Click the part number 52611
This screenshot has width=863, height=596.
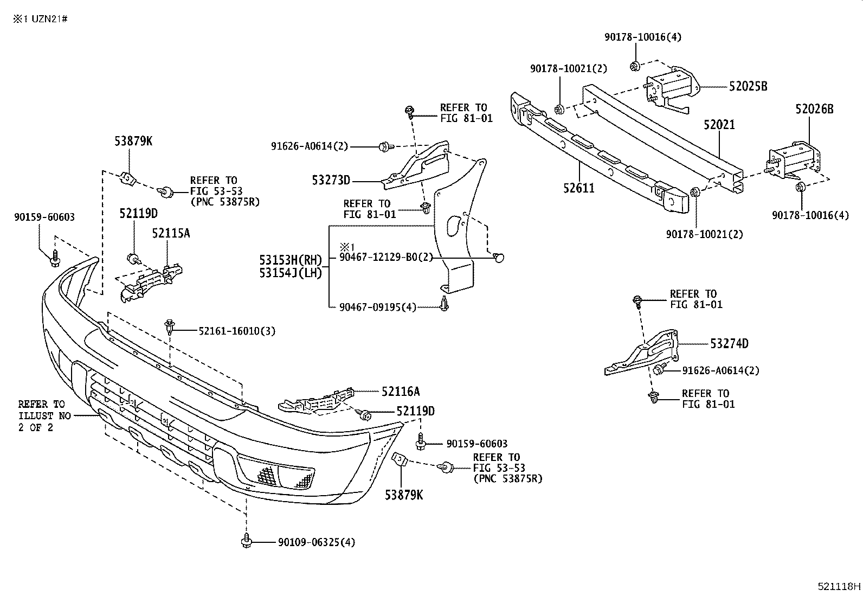(578, 188)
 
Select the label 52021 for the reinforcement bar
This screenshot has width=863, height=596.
(719, 125)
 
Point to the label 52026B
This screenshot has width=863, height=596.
(814, 109)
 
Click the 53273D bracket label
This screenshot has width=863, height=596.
(331, 180)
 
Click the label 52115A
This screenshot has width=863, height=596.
(171, 233)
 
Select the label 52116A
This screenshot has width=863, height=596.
(400, 391)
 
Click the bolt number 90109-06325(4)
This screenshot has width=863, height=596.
(317, 542)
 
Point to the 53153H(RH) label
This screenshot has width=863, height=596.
(290, 260)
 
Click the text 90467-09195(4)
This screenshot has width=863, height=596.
(377, 307)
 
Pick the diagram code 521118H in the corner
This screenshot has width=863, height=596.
(839, 586)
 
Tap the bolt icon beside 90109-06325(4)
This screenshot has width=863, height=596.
(247, 541)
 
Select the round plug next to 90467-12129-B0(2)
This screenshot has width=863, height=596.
(499, 258)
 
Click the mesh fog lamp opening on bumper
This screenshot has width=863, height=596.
(276, 475)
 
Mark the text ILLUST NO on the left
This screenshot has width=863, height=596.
(43, 416)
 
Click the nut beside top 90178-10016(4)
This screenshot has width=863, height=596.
(634, 66)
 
